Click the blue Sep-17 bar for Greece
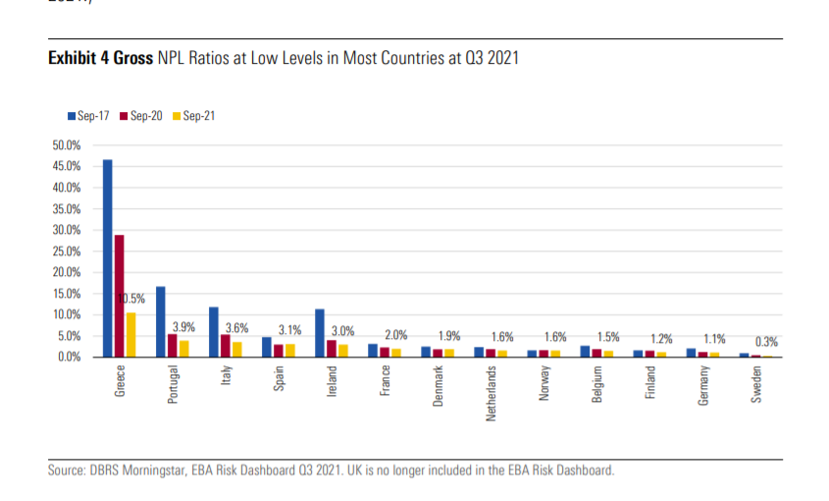point(107,257)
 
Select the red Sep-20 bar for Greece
point(119,295)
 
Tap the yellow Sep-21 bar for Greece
point(130,334)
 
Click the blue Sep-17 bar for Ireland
point(319,332)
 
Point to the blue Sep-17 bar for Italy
point(213,331)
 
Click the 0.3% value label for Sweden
point(767,342)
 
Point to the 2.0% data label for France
point(395,335)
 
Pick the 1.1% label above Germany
point(714,339)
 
